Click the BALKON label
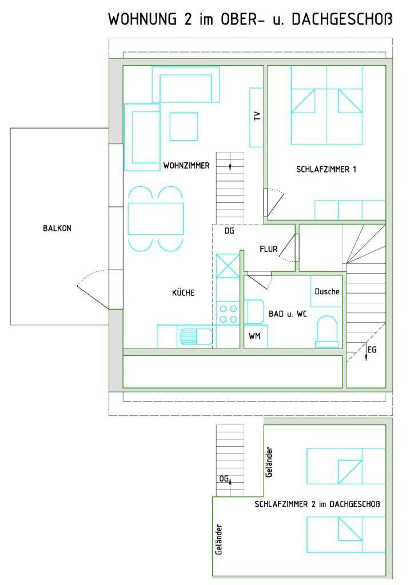coord(57,228)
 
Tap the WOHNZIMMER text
coord(186,166)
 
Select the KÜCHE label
coord(183,293)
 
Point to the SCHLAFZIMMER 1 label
coord(326,169)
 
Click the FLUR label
coord(268,249)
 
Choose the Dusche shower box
coord(327,291)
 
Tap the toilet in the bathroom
coord(327,332)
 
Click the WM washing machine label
coord(254,336)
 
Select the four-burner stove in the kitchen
coord(228,314)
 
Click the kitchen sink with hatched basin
coord(196,336)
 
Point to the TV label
coord(257,116)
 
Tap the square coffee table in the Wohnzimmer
coord(184,126)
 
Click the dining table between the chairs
coord(156,219)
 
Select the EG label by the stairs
coord(372,350)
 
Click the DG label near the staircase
coord(229,231)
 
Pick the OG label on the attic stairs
coord(224,478)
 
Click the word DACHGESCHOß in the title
coord(342,19)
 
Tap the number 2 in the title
coord(188,19)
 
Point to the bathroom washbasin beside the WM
coord(254,312)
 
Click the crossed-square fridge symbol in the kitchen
coord(228,266)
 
